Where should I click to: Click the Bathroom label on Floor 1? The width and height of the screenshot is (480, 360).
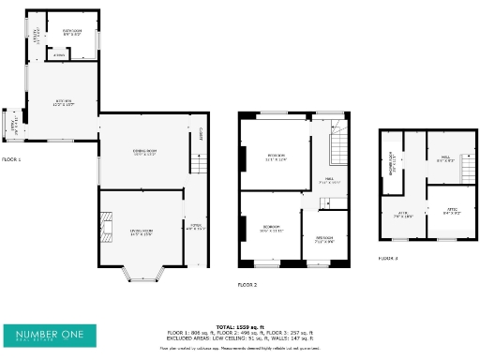coord(72,32)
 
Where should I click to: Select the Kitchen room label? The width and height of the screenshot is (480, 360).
coord(63,104)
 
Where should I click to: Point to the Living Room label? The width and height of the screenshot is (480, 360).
coord(142,232)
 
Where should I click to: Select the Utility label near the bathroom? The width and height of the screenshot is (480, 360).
coord(37,37)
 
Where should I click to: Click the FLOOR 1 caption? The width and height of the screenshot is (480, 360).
coord(11,160)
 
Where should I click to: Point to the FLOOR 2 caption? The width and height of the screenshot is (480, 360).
coord(247,283)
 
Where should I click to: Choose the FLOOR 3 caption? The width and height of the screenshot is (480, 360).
coord(388,257)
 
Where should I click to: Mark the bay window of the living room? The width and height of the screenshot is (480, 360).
coord(142,273)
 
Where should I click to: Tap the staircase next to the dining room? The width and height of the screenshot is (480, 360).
coord(198,165)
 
